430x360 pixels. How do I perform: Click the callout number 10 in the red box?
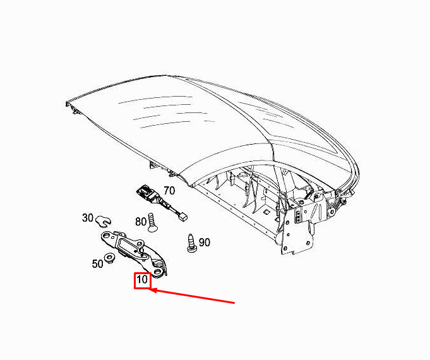[142, 280]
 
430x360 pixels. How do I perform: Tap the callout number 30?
[88, 218]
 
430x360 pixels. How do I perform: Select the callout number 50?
[97, 264]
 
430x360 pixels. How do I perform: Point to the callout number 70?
[169, 191]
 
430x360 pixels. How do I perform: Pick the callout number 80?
[141, 222]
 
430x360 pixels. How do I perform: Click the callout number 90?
[205, 243]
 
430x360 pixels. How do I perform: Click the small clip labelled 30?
[103, 222]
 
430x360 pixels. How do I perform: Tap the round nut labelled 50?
[110, 258]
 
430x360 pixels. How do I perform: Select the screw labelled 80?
[151, 222]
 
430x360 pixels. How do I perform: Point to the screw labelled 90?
[191, 243]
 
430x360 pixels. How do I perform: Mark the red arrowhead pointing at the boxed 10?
[153, 290]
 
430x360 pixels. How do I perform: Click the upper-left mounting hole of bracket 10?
[106, 236]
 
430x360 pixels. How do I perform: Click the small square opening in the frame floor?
[266, 212]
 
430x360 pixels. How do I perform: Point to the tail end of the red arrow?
[234, 303]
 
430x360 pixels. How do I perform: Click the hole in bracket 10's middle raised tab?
[140, 243]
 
